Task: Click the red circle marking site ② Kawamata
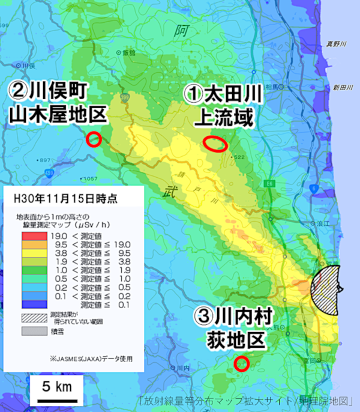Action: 93,139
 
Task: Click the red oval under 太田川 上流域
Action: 215,144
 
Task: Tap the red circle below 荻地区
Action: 241,363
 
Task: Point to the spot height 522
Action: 240,157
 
